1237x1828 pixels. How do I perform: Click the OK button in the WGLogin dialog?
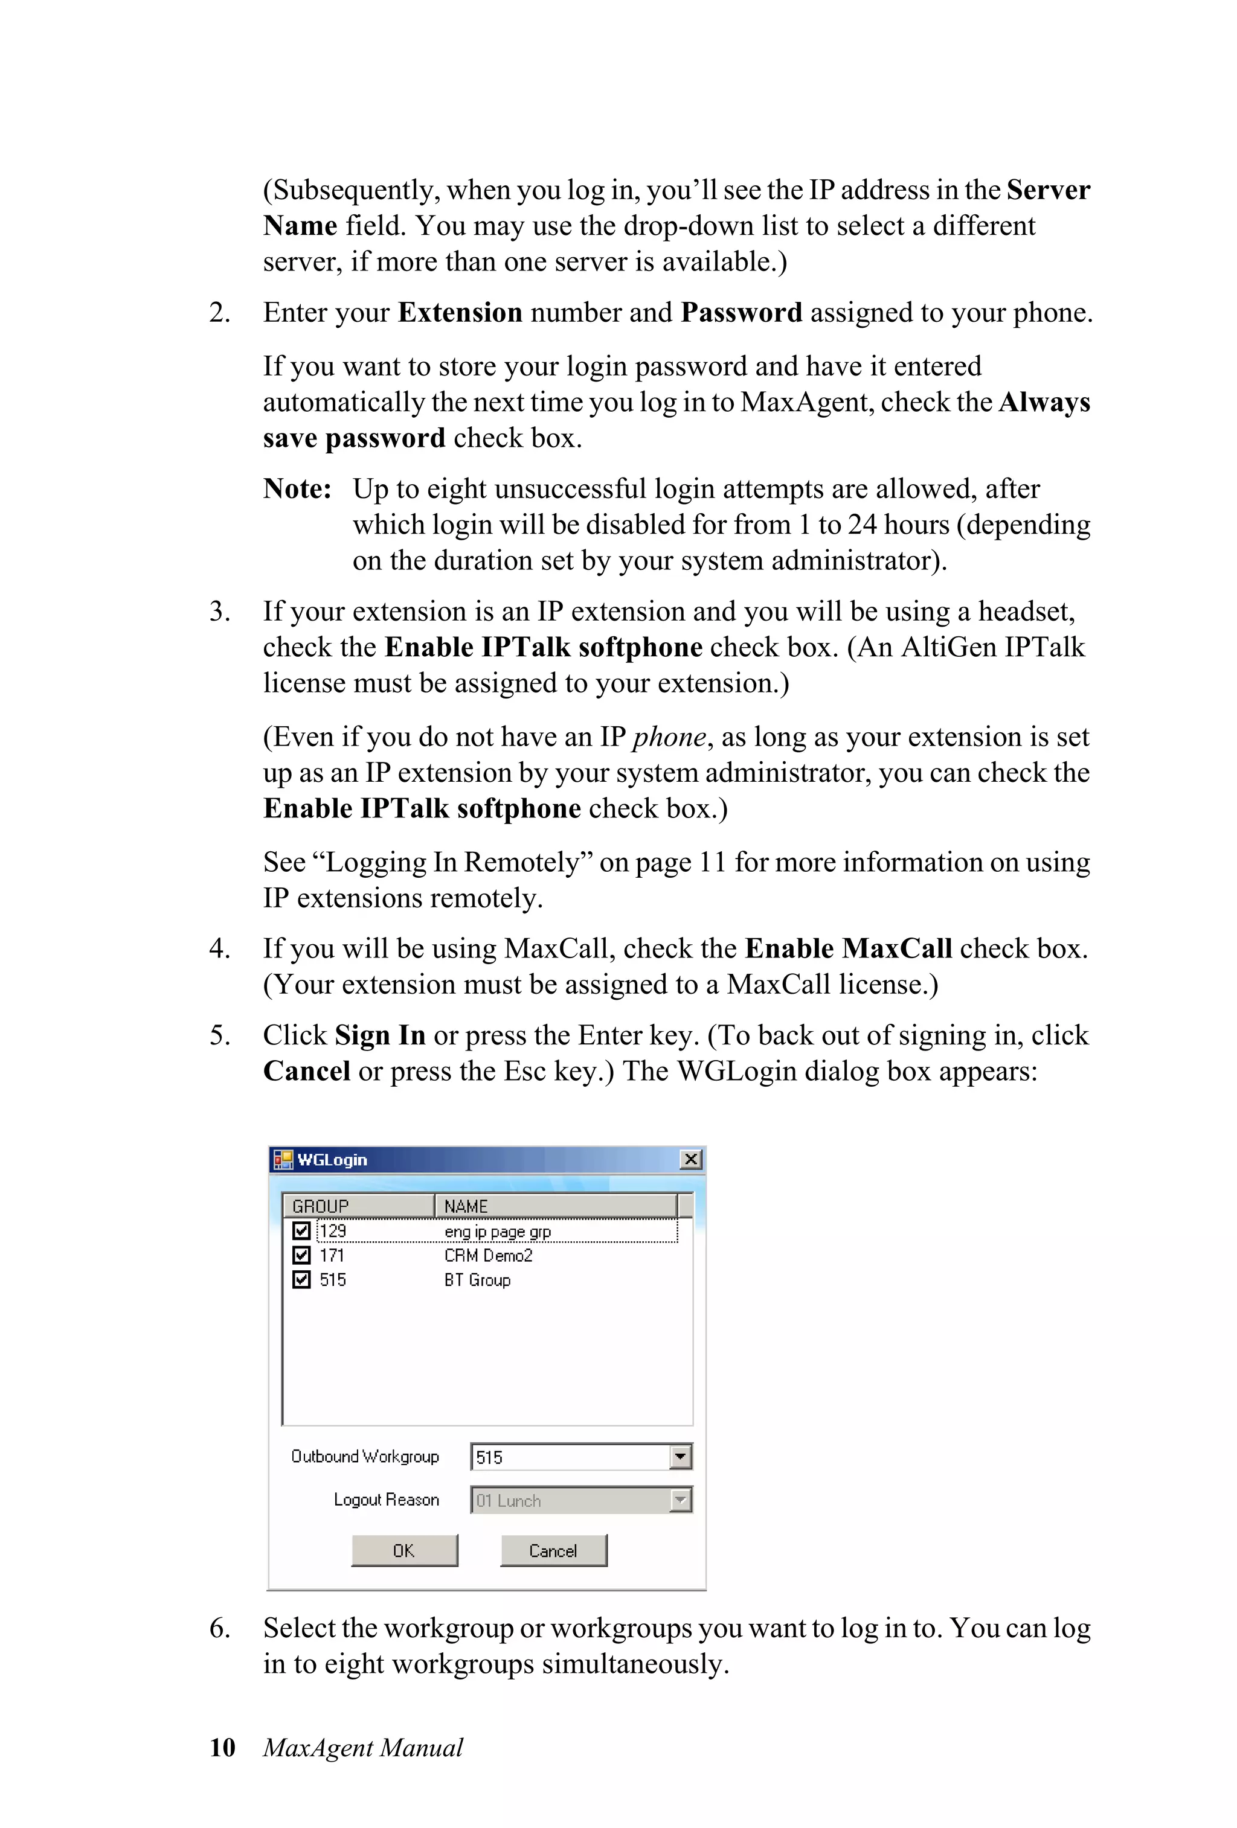tap(403, 1550)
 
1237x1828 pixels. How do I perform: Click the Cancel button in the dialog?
tap(553, 1550)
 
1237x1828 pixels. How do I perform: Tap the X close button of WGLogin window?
tap(690, 1160)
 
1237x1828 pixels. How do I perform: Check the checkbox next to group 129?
tap(301, 1230)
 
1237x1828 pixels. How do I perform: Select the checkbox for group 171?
tap(301, 1254)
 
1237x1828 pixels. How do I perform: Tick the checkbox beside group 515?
tap(301, 1280)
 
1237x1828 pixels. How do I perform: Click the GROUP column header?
tap(358, 1206)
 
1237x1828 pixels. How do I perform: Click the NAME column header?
tap(554, 1206)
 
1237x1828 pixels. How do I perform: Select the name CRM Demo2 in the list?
tap(488, 1255)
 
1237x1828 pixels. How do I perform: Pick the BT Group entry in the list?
tap(477, 1280)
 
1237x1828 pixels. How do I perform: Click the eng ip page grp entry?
tap(497, 1231)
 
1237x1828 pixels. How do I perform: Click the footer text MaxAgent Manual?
tap(363, 1747)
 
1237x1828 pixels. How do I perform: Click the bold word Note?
tap(297, 488)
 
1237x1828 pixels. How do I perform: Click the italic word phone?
tap(669, 737)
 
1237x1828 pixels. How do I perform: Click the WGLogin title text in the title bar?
tap(332, 1160)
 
